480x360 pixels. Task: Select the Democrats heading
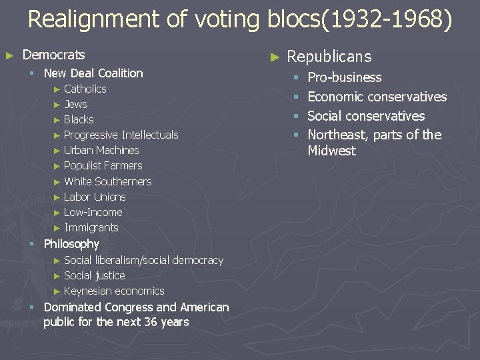coord(54,55)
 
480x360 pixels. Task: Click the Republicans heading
coord(329,57)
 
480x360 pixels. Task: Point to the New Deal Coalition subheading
coord(93,73)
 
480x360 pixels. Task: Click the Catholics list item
coord(85,89)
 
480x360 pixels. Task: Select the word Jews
coord(75,104)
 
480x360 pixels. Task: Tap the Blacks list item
coord(79,119)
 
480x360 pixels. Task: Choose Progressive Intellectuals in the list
coord(121,135)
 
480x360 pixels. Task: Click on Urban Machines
coord(101,150)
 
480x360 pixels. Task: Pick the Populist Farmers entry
coord(103,165)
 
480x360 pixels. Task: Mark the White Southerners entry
coord(107,181)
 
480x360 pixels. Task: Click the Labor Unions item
coord(95,197)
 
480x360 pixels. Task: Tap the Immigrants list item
coord(91,227)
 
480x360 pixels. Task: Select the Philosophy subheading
coord(71,244)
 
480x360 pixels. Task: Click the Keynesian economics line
coord(114,291)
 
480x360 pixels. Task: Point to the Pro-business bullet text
coord(345,78)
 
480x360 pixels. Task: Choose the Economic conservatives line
coord(377,97)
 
